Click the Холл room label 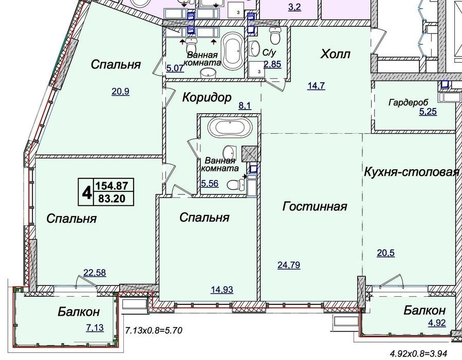[335, 54]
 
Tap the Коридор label [207, 97]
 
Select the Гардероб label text [408, 103]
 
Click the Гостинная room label [315, 206]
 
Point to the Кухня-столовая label [412, 172]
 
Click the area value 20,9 [120, 92]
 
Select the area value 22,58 [95, 273]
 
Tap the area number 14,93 [222, 290]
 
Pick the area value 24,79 [289, 265]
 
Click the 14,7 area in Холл [316, 86]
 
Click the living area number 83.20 [112, 199]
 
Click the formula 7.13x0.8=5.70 [154, 330]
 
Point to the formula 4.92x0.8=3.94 [419, 353]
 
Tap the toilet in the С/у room [275, 35]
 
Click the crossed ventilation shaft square [250, 154]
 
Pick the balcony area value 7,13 [95, 328]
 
